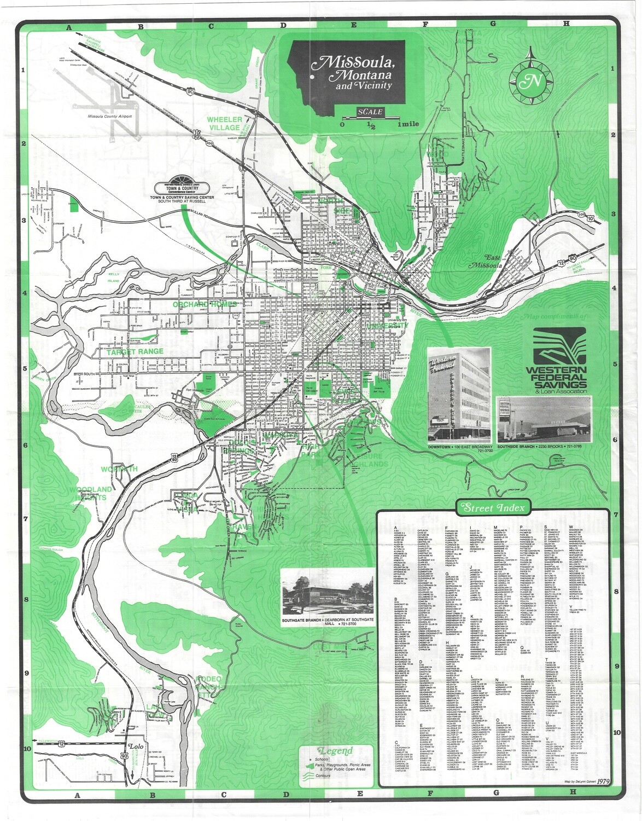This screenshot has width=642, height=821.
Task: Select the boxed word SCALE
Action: (x=370, y=112)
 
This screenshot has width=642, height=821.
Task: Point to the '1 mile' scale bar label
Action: (x=408, y=124)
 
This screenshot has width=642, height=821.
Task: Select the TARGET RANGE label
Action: (x=135, y=351)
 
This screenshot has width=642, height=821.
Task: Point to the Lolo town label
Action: (x=134, y=746)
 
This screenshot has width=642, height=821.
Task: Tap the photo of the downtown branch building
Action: (x=459, y=393)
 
